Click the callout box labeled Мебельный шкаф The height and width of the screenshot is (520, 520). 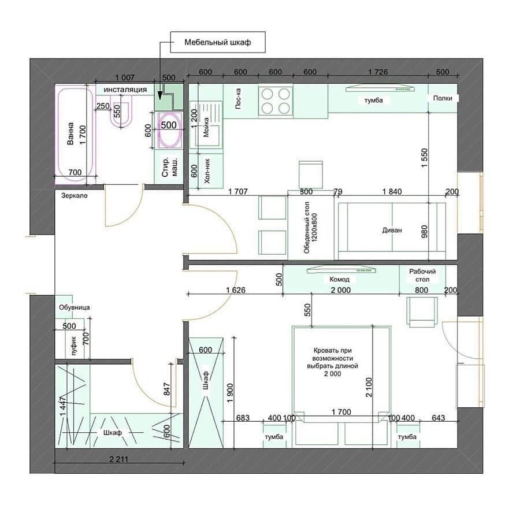(x=217, y=43)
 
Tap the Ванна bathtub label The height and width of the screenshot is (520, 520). (x=70, y=133)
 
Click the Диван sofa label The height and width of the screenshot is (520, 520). (x=392, y=230)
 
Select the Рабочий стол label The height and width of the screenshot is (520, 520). (x=422, y=276)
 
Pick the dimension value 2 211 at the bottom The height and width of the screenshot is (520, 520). (x=118, y=460)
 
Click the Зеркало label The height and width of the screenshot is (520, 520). (x=74, y=196)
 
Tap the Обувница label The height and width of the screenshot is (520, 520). (x=74, y=308)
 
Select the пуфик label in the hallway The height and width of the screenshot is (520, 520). (x=73, y=348)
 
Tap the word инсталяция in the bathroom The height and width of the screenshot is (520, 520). (x=125, y=90)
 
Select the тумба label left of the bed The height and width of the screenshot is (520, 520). (x=273, y=438)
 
